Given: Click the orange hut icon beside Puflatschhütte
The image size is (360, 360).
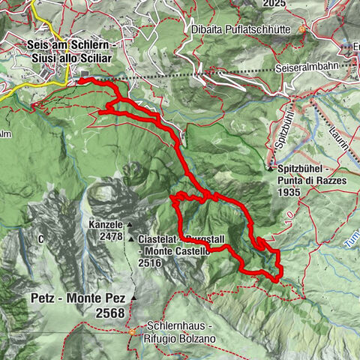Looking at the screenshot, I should pyautogui.click(x=303, y=30).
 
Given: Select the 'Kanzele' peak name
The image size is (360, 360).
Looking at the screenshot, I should pyautogui.click(x=105, y=224).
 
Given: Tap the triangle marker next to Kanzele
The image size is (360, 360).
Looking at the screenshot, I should pyautogui.click(x=130, y=224).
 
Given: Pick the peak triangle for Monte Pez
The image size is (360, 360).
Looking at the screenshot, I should pyautogui.click(x=134, y=298).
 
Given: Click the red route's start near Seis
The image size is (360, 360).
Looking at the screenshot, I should pyautogui.click(x=80, y=79).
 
